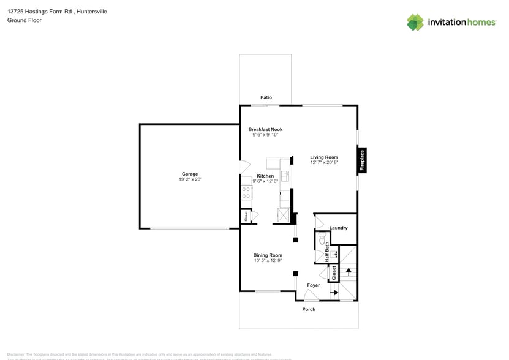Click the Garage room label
(x=189, y=174)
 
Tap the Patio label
(x=266, y=97)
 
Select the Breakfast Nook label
(x=265, y=129)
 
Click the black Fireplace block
(x=362, y=160)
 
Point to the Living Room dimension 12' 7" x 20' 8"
(x=324, y=163)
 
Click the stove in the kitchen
(x=246, y=193)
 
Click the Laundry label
(x=338, y=228)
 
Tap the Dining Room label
(x=268, y=255)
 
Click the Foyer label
(x=313, y=285)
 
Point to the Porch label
(x=309, y=309)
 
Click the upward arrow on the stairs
(x=349, y=271)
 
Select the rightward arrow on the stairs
(x=334, y=293)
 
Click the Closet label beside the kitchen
(x=246, y=216)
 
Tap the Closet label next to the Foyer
(x=334, y=272)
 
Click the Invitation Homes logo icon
(x=415, y=23)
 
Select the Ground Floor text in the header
(x=25, y=20)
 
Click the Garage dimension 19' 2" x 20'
(x=189, y=179)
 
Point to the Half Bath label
(x=326, y=252)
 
